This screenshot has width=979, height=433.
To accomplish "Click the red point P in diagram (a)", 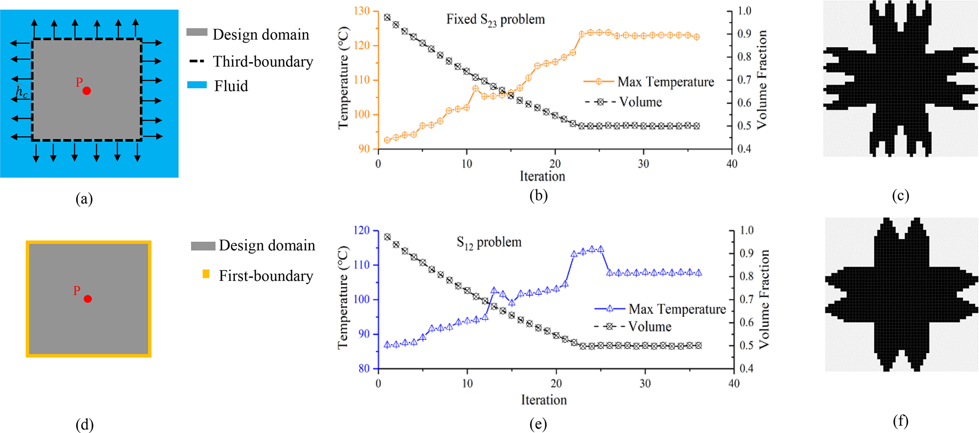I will pos(87,90).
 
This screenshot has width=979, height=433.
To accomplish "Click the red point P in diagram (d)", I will pos(88,298).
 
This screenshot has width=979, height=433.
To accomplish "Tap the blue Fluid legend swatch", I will pos(197,85).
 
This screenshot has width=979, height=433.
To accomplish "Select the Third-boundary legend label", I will pos(263,62).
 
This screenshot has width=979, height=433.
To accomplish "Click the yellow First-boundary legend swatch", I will pos(206,274).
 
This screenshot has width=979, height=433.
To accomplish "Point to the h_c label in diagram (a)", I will pos(22,92).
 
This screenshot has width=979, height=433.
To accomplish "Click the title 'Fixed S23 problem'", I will pos(495,19).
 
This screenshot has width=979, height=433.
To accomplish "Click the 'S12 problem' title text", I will pos(489,242).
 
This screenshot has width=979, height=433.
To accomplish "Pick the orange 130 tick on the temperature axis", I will pos(362,11).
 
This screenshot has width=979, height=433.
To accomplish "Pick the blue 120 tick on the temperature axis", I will pos(362,230).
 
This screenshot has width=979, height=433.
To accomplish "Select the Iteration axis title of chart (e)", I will pos(544,400).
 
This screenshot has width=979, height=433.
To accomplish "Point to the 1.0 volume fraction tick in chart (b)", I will pos(744,11).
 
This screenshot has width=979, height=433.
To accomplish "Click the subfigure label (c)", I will pos(900,195).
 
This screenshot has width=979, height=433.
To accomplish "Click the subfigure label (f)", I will pos(900,421).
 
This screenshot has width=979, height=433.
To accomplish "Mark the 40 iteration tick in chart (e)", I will pos(734,383).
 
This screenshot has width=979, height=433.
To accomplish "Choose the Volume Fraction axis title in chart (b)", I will pos(762,80).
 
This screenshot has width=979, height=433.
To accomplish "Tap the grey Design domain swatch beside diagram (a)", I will pos(197,32).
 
